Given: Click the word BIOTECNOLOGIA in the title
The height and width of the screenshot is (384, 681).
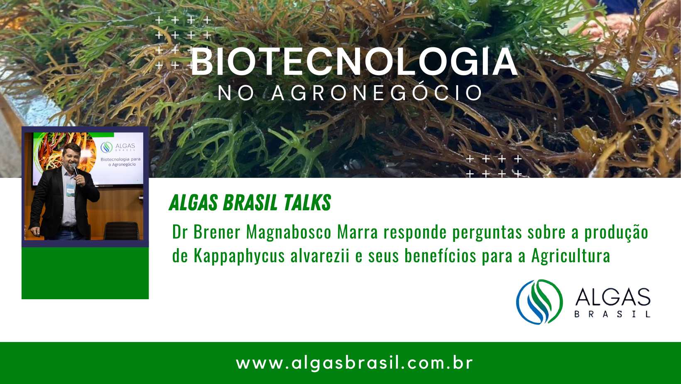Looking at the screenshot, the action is coord(353,62).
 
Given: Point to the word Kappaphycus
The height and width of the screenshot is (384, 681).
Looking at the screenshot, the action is coord(239,256).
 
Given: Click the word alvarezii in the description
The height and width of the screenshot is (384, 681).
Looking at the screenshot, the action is coord(320,255).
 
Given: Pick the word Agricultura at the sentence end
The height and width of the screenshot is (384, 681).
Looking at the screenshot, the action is coord(571,255).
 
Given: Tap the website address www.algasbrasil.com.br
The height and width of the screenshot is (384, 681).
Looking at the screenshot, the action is coord(354,363).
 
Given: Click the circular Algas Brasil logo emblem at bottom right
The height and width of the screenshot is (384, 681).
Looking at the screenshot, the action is coord(539,302).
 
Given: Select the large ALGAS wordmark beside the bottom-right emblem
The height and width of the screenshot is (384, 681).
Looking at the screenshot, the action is coord(612,297).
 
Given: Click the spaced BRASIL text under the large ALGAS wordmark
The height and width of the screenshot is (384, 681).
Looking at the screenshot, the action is coord(612,314).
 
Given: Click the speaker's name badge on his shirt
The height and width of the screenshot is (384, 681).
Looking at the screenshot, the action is coord(70,190).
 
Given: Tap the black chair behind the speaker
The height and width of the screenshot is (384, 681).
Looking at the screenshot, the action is coord(122,231).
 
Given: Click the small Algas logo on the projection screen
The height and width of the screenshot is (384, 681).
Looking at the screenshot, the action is coord(106,147).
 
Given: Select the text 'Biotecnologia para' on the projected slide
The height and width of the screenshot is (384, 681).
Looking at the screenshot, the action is coord(121,159).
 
